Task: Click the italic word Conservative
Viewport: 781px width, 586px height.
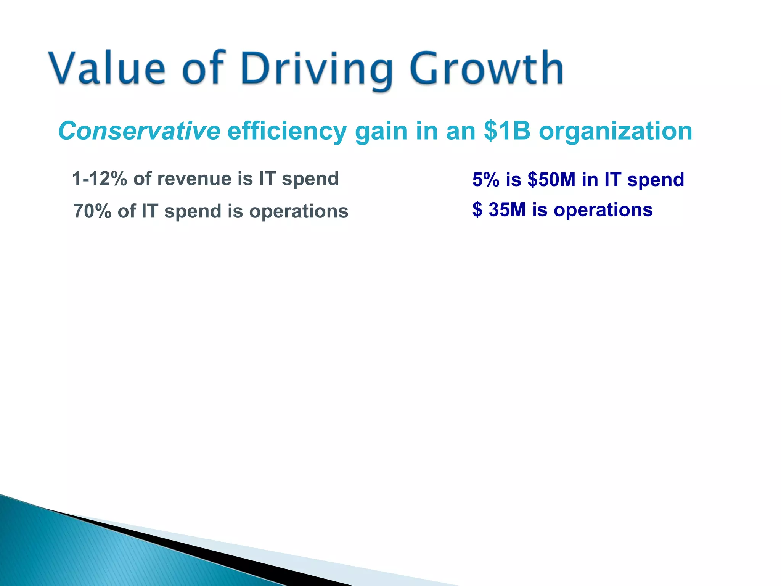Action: [x=139, y=131]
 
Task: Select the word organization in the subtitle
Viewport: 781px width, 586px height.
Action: [x=615, y=132]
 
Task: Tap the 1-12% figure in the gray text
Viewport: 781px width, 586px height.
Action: [x=100, y=179]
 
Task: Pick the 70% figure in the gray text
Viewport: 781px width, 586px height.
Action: [x=92, y=211]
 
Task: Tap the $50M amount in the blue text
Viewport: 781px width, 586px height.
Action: [x=551, y=179]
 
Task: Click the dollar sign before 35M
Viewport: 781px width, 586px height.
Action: [x=477, y=210]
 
